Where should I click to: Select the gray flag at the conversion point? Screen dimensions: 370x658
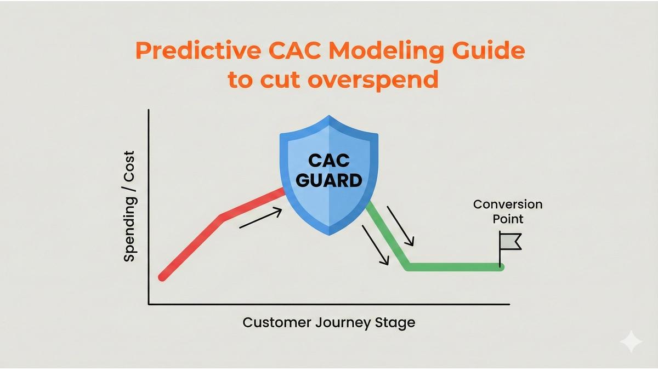(510, 241)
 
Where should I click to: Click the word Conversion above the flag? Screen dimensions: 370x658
(508, 204)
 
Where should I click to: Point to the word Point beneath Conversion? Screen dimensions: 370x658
(508, 219)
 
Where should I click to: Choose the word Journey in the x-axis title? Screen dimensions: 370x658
(346, 322)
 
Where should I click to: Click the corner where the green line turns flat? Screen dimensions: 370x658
(407, 267)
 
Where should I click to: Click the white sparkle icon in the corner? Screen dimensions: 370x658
(631, 341)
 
